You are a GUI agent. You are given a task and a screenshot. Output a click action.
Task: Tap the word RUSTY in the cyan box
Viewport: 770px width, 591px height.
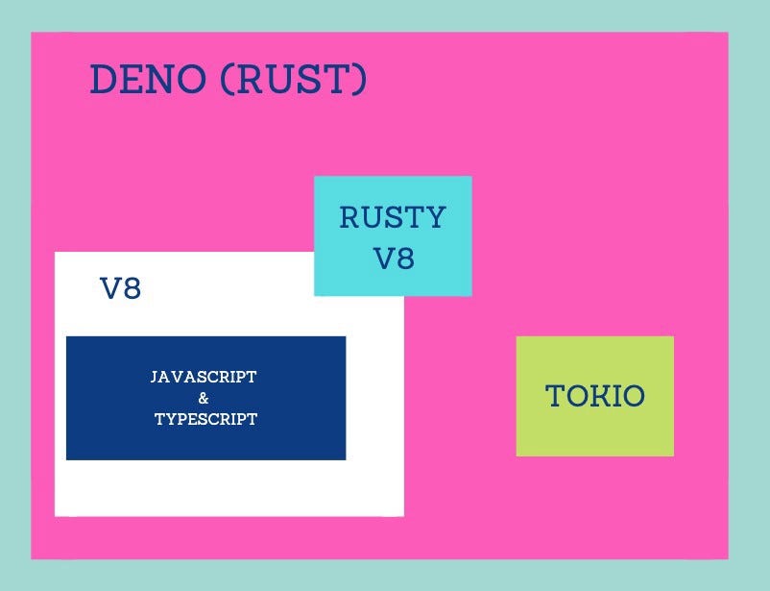(393, 218)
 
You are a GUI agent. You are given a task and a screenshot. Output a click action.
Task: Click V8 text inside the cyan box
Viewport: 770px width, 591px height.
(393, 258)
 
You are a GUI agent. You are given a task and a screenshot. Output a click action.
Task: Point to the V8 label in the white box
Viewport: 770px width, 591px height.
(121, 288)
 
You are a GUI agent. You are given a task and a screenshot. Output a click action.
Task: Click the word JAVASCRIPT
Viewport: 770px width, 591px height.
(204, 378)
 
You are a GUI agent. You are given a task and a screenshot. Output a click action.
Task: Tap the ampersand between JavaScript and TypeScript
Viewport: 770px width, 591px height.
(204, 398)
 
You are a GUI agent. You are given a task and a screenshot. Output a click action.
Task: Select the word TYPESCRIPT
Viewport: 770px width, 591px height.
(205, 419)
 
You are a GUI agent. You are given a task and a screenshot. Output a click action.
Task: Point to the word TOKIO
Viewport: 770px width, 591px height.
(594, 396)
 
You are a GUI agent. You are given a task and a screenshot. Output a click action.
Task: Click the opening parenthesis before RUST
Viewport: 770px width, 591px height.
(227, 80)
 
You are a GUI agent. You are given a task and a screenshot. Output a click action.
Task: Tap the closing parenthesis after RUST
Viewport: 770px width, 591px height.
(359, 80)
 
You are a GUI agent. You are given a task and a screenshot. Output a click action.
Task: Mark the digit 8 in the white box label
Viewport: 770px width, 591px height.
(132, 288)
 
